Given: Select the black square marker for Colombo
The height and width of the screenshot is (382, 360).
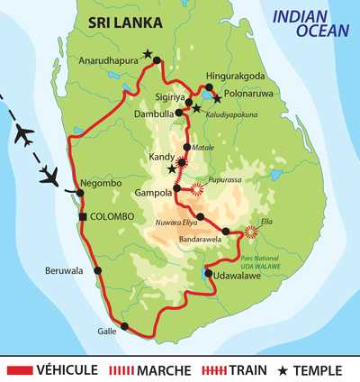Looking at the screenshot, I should (x=83, y=217).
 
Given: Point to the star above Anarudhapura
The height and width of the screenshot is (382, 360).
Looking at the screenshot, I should (x=148, y=54).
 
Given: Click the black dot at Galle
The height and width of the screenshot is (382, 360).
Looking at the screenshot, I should (x=124, y=326).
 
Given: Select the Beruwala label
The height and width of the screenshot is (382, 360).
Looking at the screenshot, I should (x=65, y=269).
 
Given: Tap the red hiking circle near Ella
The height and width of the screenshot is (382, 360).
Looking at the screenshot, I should (x=250, y=232).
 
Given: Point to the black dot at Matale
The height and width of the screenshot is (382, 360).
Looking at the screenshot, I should (x=187, y=147).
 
